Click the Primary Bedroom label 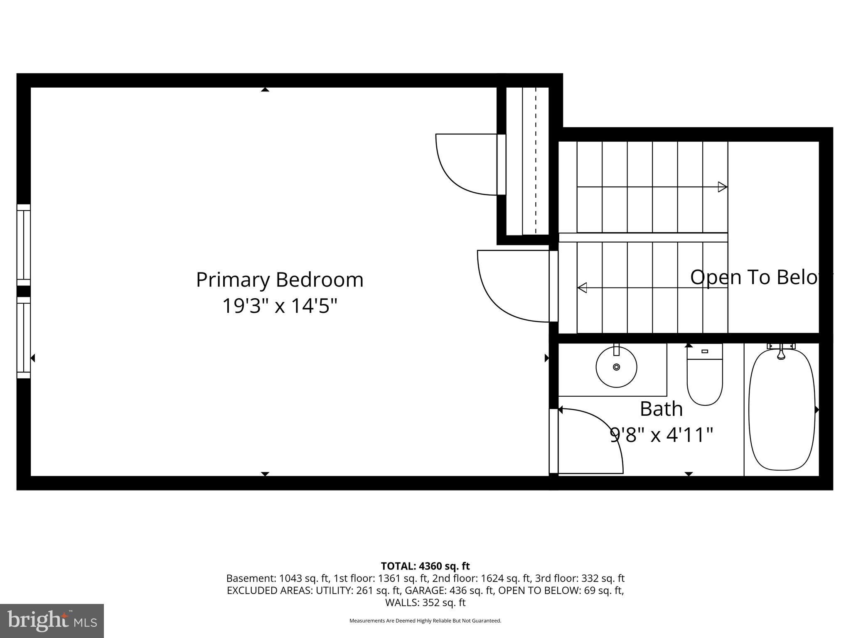tap(280, 280)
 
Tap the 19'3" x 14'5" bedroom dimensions tap(280, 306)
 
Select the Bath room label tap(661, 409)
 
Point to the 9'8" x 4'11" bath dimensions tap(661, 435)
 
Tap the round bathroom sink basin tap(616, 367)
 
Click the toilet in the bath tap(704, 376)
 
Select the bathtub tap(781, 410)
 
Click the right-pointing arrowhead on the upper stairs tap(723, 187)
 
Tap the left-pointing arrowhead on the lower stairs tap(582, 287)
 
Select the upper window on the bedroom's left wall tap(24, 245)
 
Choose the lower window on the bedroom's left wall tap(24, 337)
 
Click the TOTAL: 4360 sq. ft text tap(425, 566)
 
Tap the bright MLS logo tap(52, 621)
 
